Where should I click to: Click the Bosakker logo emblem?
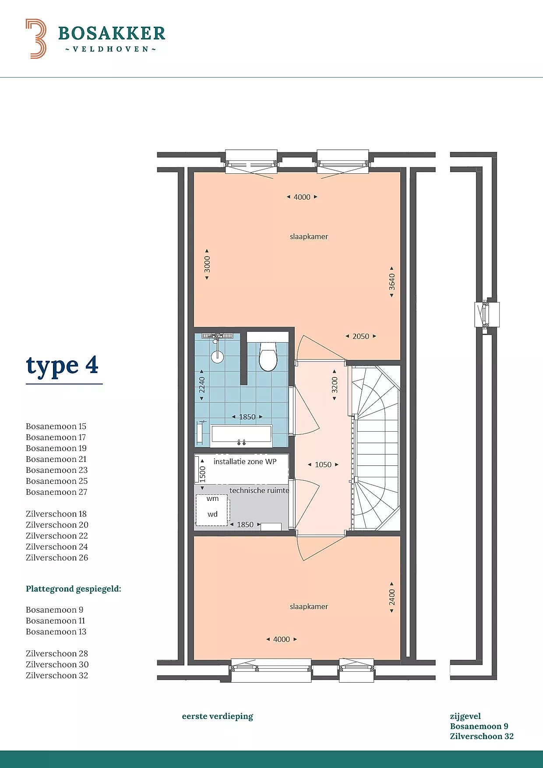tap(36, 39)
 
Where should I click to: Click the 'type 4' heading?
tap(62, 366)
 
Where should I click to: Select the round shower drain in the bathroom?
tap(217, 356)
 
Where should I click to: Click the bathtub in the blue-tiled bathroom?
tap(241, 435)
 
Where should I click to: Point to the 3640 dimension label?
tap(392, 282)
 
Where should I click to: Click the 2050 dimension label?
tap(361, 336)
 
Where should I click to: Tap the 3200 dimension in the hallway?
tap(335, 385)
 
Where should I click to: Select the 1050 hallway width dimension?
tap(323, 465)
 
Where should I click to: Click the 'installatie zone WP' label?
tap(245, 462)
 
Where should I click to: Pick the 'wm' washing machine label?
tap(212, 499)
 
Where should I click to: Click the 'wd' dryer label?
tap(212, 514)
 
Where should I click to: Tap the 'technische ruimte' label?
tap(259, 490)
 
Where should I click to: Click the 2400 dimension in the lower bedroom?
tap(392, 597)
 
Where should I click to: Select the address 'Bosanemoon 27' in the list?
tap(56, 492)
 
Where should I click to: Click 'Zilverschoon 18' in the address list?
tap(56, 514)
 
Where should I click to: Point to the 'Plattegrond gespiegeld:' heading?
tap(74, 589)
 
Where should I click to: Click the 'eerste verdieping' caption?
tap(218, 716)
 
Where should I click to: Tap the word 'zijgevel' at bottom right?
tap(465, 716)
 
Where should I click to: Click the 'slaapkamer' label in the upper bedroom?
tap(309, 236)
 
